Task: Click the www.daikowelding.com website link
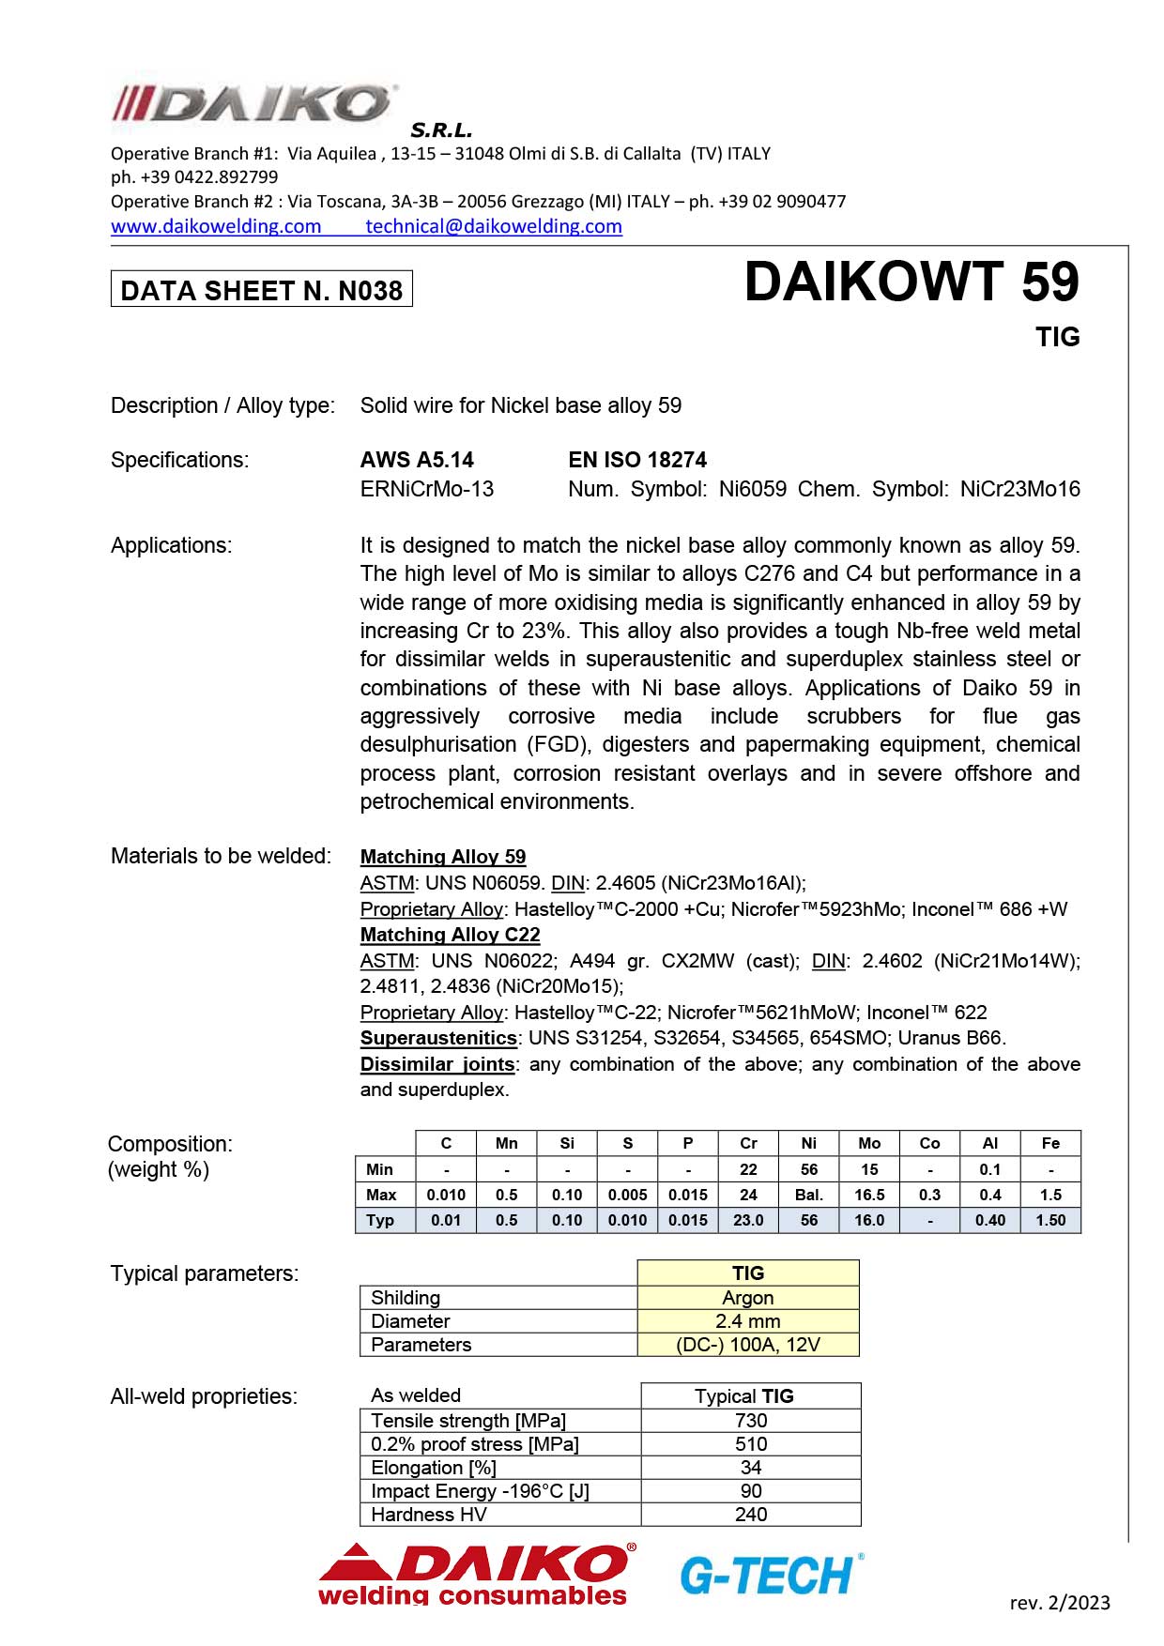pyautogui.click(x=216, y=226)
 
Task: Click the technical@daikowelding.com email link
pyautogui.click(x=494, y=226)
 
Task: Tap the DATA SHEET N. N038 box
pyautogui.click(x=262, y=290)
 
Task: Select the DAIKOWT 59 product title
pyautogui.click(x=911, y=282)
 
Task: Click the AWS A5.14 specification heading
pyautogui.click(x=417, y=460)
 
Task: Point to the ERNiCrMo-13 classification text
pyautogui.click(x=427, y=489)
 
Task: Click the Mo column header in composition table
pyautogui.click(x=869, y=1143)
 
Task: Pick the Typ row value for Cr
pyautogui.click(x=748, y=1220)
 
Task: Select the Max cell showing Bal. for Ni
pyautogui.click(x=808, y=1195)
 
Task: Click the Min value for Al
pyautogui.click(x=989, y=1169)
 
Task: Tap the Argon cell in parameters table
pyautogui.click(x=748, y=1298)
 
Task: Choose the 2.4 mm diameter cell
pyautogui.click(x=748, y=1321)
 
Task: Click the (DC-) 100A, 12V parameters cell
pyautogui.click(x=748, y=1345)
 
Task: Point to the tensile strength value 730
pyautogui.click(x=751, y=1421)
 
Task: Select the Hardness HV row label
pyautogui.click(x=429, y=1515)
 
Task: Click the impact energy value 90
pyautogui.click(x=751, y=1491)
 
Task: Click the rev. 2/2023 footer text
pyautogui.click(x=1060, y=1603)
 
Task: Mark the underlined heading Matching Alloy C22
pyautogui.click(x=451, y=935)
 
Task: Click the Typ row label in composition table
pyautogui.click(x=380, y=1220)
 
